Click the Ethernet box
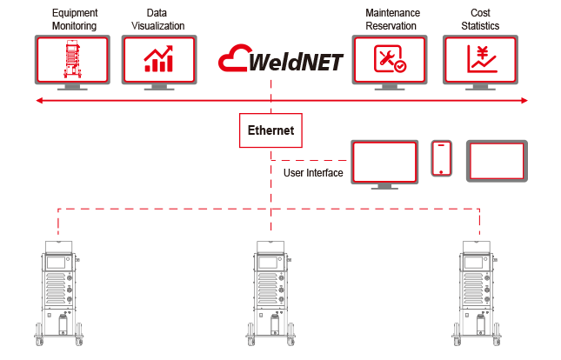tap(270, 132)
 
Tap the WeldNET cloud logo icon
tap(233, 61)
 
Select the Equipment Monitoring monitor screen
tap(72, 59)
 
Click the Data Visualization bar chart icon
tap(158, 59)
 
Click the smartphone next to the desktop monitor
tap(443, 157)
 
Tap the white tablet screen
tap(497, 160)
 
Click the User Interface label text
tap(313, 173)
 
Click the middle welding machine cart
tap(270, 292)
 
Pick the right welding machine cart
tap(479, 292)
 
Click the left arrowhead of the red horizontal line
tap(37, 102)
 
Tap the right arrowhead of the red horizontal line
tap(524, 102)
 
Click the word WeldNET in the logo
tap(297, 63)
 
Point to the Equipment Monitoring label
tap(74, 20)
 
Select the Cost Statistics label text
tap(481, 20)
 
